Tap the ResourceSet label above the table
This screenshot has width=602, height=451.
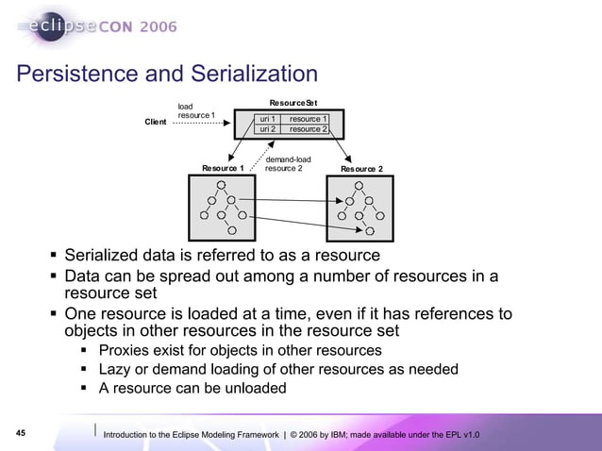293,101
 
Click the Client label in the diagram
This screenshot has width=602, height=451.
156,122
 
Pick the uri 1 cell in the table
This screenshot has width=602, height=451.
267,119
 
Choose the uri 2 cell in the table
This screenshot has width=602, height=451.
267,129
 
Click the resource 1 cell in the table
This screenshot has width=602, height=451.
309,119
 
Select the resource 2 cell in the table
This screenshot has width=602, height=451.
309,129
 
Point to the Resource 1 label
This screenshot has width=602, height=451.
224,168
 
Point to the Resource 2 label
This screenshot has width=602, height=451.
361,168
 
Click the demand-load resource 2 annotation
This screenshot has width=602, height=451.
287,164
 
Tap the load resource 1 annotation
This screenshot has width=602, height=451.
196,110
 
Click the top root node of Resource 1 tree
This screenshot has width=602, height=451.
221,185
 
